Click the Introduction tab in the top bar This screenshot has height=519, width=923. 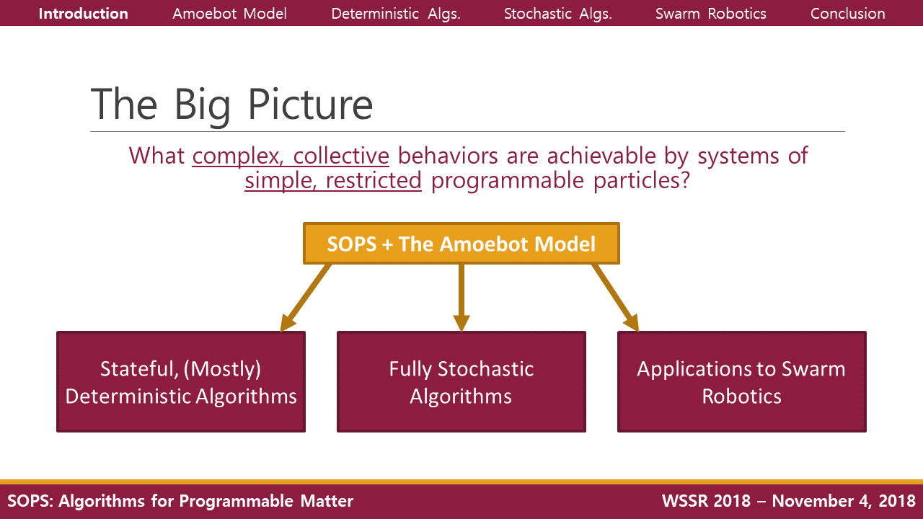(83, 14)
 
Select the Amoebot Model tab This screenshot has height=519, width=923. (229, 14)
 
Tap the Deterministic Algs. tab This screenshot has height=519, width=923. (396, 14)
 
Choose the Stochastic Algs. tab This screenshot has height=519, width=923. (557, 14)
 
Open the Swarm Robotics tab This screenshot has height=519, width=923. (710, 14)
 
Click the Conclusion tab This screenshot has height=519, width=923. (847, 14)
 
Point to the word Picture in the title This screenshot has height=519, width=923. (310, 105)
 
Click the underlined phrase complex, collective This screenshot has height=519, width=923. (291, 156)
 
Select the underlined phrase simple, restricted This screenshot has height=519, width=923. (333, 180)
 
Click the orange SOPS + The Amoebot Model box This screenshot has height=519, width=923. (461, 244)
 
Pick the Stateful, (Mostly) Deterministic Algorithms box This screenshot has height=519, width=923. (181, 382)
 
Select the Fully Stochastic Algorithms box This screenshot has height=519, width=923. (461, 382)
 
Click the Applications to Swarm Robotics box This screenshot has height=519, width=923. (741, 382)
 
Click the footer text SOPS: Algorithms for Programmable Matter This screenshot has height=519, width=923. (180, 501)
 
